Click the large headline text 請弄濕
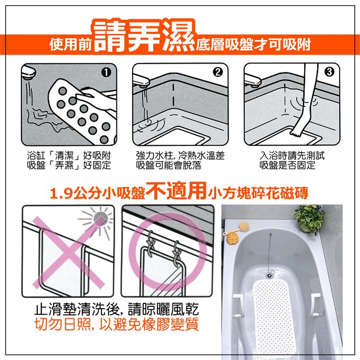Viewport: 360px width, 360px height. click(x=144, y=36)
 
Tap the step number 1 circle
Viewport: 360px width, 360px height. click(x=106, y=72)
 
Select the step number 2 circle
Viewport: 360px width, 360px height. click(x=217, y=72)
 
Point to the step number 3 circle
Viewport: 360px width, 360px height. click(x=329, y=72)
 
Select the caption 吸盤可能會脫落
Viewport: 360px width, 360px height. click(x=168, y=165)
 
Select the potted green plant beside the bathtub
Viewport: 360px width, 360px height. click(x=309, y=218)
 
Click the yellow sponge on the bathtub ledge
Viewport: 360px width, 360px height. click(x=232, y=238)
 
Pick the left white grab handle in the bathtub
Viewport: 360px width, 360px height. click(x=238, y=305)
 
